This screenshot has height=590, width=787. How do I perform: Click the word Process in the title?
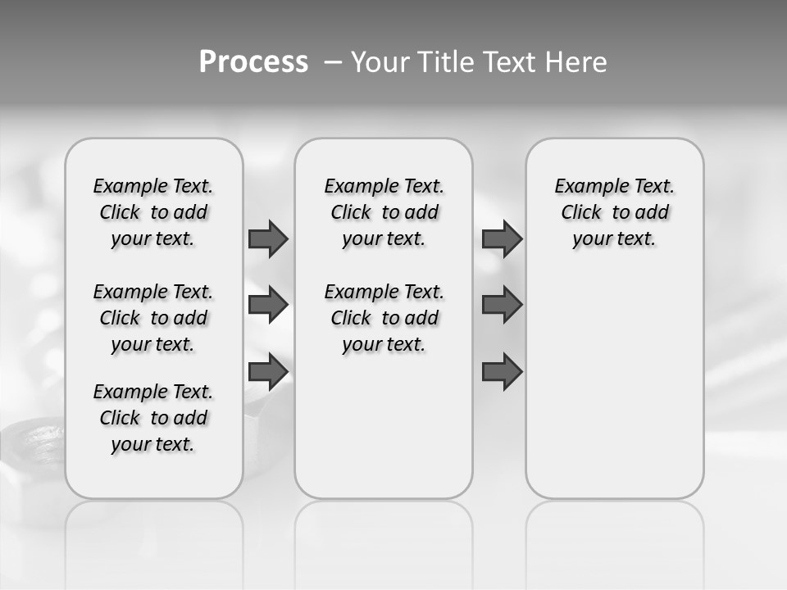pyautogui.click(x=253, y=62)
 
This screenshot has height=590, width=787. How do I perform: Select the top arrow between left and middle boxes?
pyautogui.click(x=268, y=238)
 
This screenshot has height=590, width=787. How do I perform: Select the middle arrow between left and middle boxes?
pyautogui.click(x=268, y=305)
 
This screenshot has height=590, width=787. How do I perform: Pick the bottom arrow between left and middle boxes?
pyautogui.click(x=268, y=372)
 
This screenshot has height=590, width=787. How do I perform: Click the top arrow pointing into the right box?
pyautogui.click(x=502, y=238)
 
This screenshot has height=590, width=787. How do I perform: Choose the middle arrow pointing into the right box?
pyautogui.click(x=502, y=305)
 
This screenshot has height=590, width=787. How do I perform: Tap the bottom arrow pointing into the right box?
pyautogui.click(x=502, y=372)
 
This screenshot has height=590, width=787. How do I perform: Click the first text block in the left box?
pyautogui.click(x=153, y=212)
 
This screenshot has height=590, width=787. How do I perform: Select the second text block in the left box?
pyautogui.click(x=153, y=318)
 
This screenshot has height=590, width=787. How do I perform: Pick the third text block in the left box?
pyautogui.click(x=153, y=418)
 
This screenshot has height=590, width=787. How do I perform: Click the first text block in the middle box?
pyautogui.click(x=384, y=212)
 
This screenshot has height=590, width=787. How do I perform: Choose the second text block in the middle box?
pyautogui.click(x=384, y=318)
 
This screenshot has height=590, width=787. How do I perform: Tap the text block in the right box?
pyautogui.click(x=615, y=212)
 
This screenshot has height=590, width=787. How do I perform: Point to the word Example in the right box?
pyautogui.click(x=584, y=187)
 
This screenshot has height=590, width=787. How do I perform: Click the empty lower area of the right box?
pyautogui.click(x=615, y=393)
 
